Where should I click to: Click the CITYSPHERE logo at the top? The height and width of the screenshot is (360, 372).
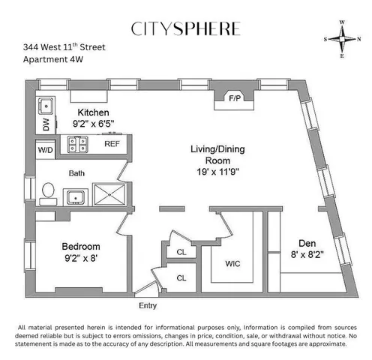[x=186, y=29]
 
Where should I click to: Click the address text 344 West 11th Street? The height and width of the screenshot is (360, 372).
[x=64, y=47]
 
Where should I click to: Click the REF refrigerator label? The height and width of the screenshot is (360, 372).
[x=112, y=143]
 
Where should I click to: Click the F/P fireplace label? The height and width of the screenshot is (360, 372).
[x=233, y=97]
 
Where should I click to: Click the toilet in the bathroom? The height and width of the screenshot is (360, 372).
[x=47, y=193]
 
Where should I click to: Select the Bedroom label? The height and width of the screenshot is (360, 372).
[x=81, y=247]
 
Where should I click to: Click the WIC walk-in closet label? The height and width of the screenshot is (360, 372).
[x=233, y=263]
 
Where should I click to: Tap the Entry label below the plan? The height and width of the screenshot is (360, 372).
[x=148, y=306]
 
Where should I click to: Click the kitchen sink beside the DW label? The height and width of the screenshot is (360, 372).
[x=45, y=105]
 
